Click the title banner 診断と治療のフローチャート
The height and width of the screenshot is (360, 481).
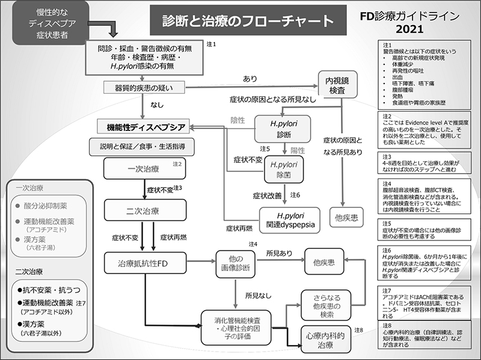point(248,20)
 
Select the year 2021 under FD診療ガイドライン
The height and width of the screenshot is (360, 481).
point(409,29)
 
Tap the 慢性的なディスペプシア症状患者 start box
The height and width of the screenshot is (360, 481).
point(51,23)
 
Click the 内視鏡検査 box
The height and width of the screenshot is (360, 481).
point(337,85)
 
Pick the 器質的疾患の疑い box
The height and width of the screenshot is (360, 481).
point(144,88)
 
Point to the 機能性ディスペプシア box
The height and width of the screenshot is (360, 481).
point(143,127)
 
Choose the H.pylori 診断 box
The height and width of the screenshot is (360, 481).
point(283,129)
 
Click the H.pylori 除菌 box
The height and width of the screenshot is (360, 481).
point(284,169)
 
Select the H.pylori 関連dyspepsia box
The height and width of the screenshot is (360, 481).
point(290,220)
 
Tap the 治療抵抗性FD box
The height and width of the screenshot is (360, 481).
point(145,263)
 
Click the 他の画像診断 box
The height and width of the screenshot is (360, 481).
point(236,264)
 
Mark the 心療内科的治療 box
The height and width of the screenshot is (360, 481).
point(326,339)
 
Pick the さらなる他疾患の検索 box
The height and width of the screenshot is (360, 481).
point(326,305)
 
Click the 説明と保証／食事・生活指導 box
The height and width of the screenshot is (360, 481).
point(142,147)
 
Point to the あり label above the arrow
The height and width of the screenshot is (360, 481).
point(250,79)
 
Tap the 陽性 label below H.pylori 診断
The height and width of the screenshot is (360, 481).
point(298,151)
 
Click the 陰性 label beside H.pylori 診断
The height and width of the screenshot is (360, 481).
point(237,120)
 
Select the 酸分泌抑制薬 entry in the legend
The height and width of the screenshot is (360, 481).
point(46,206)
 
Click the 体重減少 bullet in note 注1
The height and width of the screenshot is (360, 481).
point(402,64)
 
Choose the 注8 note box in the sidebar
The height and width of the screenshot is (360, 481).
point(424,335)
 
